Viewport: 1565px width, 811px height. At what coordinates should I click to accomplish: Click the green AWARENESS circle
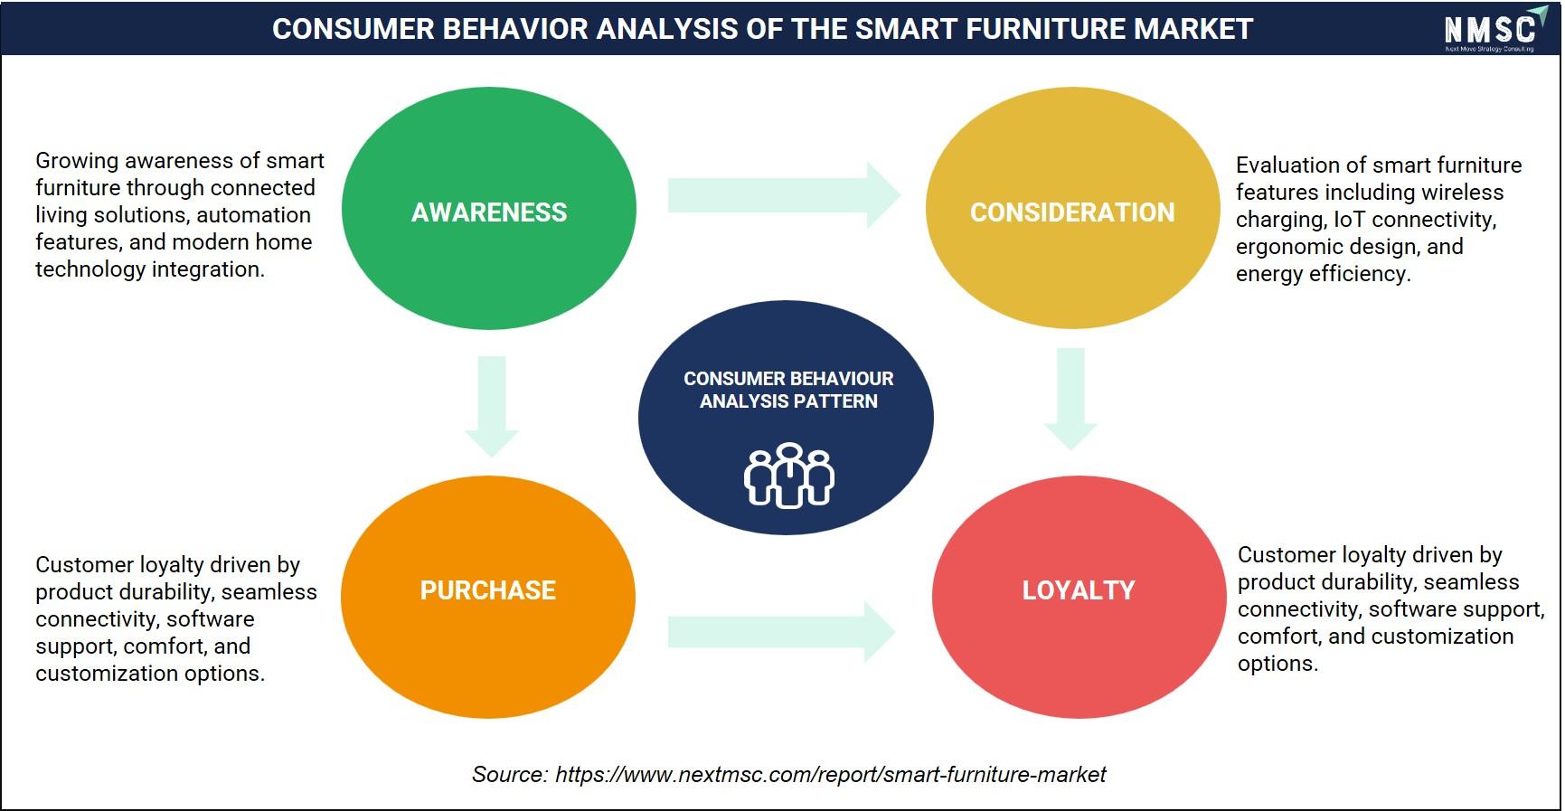coord(489,208)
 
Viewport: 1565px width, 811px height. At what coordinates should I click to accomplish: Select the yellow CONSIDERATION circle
coord(1073,208)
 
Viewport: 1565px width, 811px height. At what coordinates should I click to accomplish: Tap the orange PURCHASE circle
coord(488,597)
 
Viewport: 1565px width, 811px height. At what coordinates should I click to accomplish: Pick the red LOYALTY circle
coord(1079,597)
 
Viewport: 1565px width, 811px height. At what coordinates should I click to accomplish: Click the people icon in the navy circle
coord(789,476)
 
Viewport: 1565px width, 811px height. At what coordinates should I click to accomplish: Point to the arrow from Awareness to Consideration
coord(785,194)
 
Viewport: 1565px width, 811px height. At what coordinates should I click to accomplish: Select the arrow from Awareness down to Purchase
coord(492,407)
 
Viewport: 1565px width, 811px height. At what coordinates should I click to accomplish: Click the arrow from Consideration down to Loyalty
coord(1071,399)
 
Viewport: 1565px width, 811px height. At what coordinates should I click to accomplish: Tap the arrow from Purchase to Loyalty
coord(782,631)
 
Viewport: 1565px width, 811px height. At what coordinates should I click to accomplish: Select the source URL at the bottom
coord(830,775)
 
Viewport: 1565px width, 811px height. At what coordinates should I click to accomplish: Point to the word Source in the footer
coord(509,775)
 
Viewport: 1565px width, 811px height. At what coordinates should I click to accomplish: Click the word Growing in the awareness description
coord(77,161)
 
